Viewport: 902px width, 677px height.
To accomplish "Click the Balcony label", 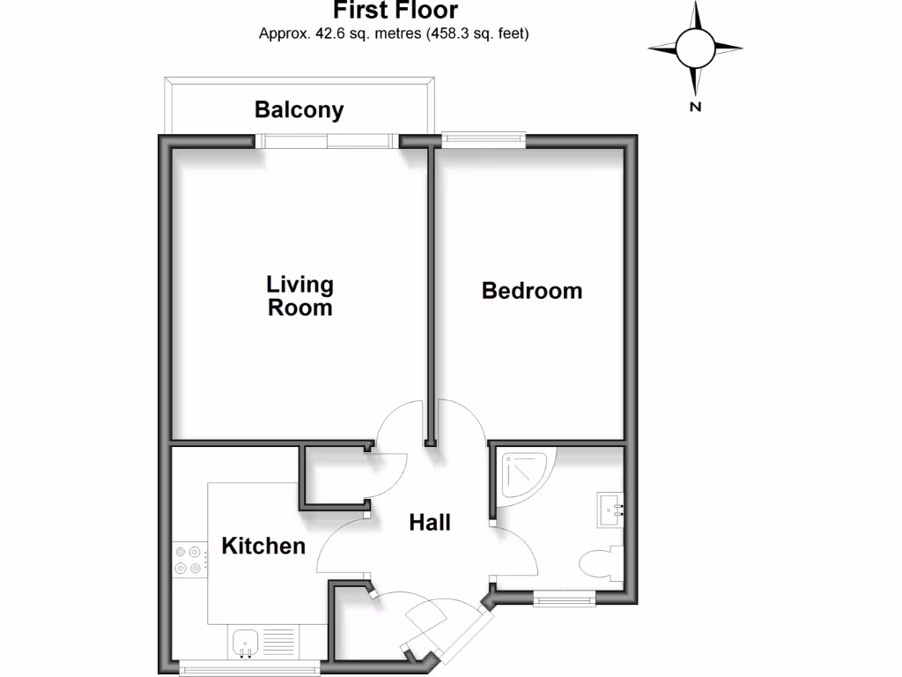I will coord(299,110).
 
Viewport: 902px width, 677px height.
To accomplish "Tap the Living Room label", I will coord(300,296).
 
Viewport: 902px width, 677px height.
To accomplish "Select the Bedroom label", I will coord(531,291).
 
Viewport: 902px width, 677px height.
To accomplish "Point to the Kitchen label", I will coord(262,546).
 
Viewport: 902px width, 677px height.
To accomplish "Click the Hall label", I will coord(430,523).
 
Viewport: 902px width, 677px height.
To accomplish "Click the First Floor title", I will coord(395,11).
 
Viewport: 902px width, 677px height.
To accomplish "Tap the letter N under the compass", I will coord(695,108).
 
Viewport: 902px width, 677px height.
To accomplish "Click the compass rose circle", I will coord(695,48).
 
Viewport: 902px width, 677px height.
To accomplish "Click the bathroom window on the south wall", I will coord(565,599).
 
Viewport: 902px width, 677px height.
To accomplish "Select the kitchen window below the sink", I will coord(250,670).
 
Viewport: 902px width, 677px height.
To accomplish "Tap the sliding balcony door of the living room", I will coord(328,139).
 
